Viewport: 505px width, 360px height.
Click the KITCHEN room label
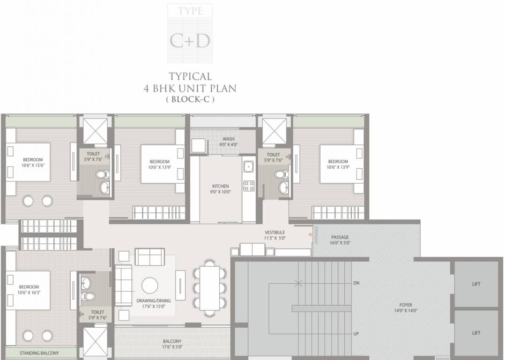221,186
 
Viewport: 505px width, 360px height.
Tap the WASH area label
229,139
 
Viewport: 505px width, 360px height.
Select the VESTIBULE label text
275,232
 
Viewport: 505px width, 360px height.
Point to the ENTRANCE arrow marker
310,234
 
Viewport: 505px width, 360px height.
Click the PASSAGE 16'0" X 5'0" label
340,240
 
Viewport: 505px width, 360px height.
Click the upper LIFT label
476,284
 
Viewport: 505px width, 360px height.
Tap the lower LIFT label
476,333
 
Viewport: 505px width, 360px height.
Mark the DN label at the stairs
356,283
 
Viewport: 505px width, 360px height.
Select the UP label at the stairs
356,334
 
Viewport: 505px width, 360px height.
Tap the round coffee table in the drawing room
150,285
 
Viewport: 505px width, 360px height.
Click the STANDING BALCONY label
39,353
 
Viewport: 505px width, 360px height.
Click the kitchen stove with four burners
249,185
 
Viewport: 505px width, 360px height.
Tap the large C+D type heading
190,41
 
